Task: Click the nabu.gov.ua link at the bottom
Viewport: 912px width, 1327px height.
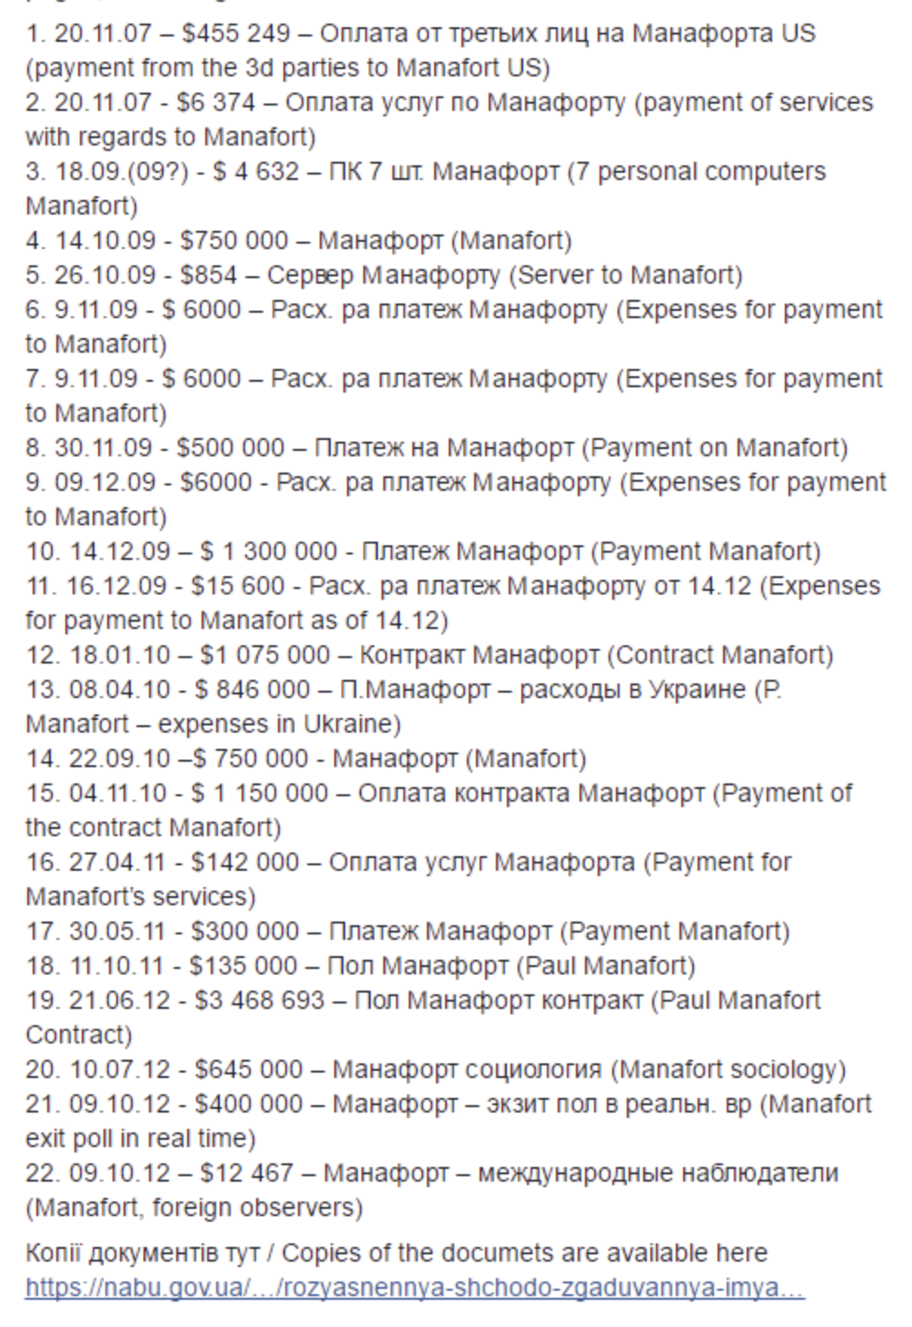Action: click(414, 1288)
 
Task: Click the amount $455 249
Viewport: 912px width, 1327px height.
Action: click(235, 34)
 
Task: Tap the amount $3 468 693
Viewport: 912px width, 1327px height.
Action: click(259, 1001)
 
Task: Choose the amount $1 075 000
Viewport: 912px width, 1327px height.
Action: click(265, 655)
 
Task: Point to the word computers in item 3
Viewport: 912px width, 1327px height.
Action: click(768, 172)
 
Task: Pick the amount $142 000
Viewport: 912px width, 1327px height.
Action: click(244, 863)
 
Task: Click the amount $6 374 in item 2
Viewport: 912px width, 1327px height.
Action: click(216, 103)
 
